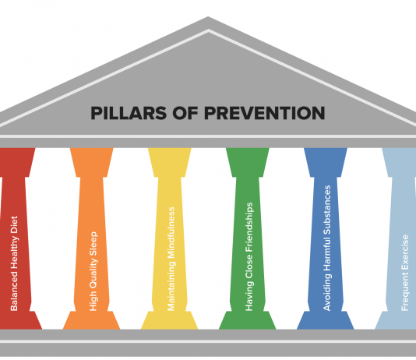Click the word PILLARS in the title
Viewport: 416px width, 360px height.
[129, 113]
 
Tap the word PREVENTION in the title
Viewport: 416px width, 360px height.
[265, 113]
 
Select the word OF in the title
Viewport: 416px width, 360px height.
[185, 113]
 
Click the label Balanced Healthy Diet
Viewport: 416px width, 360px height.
[14, 263]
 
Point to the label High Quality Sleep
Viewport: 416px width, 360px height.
[93, 271]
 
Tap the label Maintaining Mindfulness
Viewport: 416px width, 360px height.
[171, 259]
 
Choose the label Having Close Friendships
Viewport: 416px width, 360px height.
[249, 256]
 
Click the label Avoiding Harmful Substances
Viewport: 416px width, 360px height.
[327, 248]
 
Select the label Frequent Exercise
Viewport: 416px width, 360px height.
[405, 273]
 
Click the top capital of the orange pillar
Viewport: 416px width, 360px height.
[91, 162]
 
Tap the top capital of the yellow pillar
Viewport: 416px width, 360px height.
[170, 162]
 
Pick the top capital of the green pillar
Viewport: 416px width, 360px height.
[248, 162]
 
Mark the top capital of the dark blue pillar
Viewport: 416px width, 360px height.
[326, 162]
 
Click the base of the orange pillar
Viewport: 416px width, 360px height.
[91, 320]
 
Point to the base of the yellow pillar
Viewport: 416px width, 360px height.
[170, 320]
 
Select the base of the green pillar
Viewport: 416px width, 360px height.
[248, 320]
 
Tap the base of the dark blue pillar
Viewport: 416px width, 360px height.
[326, 320]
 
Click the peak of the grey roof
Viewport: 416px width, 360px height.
[208, 17]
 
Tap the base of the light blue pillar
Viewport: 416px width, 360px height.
[395, 320]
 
